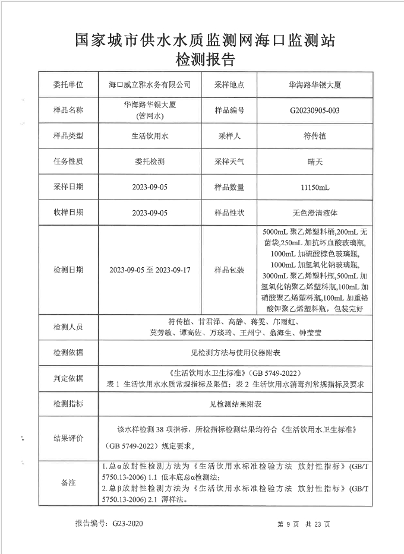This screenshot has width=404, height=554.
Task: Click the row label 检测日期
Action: tap(68, 270)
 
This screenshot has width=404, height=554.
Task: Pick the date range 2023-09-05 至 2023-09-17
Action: tap(150, 270)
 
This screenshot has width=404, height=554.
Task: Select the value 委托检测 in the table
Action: tap(150, 162)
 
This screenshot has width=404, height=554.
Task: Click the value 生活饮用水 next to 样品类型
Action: tap(150, 136)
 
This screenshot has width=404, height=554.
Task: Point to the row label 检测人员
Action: tap(68, 327)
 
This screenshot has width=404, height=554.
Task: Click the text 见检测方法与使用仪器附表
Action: tap(236, 353)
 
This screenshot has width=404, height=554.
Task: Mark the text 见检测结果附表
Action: tap(236, 404)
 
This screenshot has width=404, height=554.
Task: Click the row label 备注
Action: tap(68, 483)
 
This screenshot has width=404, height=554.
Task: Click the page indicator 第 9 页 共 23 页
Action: tap(304, 525)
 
